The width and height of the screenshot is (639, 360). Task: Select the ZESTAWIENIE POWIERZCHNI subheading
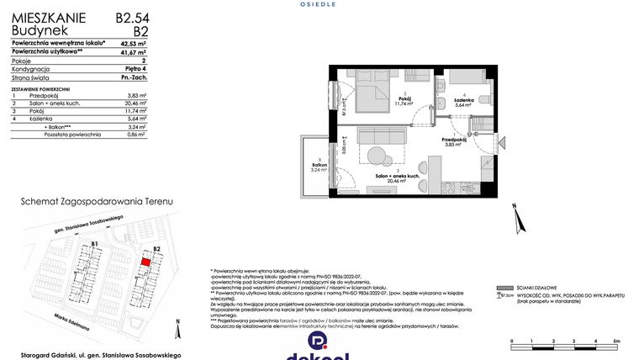point(40,88)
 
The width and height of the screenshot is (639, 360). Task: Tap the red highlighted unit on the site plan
point(145,262)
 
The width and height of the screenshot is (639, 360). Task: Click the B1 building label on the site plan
point(96,244)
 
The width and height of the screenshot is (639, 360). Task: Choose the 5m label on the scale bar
point(616,340)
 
